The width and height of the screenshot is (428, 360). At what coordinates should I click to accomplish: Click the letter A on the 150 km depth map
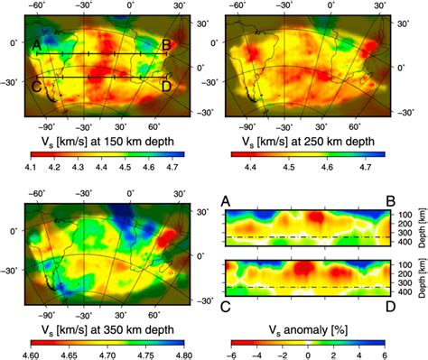[x=35, y=44]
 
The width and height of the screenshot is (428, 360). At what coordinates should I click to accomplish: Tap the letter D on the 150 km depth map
[x=166, y=87]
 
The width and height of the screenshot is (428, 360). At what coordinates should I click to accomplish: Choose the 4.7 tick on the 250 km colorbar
[x=370, y=167]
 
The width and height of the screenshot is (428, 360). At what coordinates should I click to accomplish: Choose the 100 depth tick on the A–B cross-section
[x=403, y=215]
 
